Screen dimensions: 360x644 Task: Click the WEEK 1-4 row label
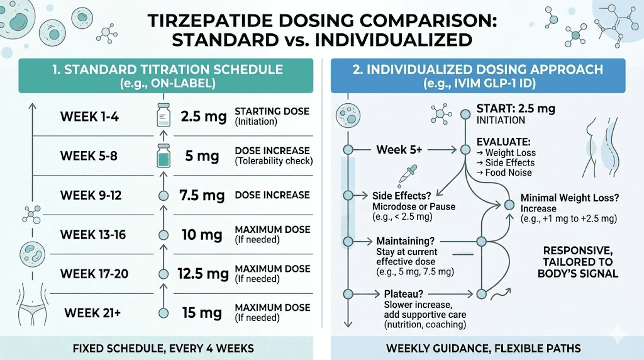(x=89, y=116)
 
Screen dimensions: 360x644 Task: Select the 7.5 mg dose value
(x=203, y=195)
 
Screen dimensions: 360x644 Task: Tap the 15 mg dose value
(x=201, y=312)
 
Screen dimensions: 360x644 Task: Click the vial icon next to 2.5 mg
(x=164, y=116)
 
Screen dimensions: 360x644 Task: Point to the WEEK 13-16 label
(x=93, y=235)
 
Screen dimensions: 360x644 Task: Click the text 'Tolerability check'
(x=274, y=161)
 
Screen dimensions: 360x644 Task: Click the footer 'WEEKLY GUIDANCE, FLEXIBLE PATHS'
(x=483, y=348)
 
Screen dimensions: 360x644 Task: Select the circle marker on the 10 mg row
(x=164, y=235)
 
